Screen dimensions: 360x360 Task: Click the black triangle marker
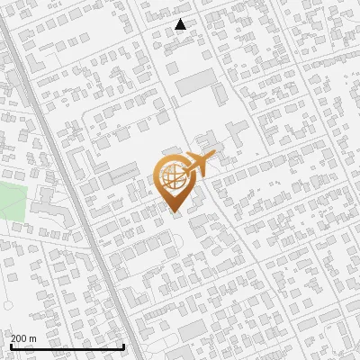[x=181, y=24]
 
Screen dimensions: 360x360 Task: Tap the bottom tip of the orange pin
[x=173, y=212]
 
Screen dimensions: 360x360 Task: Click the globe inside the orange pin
[x=172, y=178]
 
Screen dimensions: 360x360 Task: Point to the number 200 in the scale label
[x=20, y=338]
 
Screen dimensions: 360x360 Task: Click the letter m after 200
[x=33, y=338]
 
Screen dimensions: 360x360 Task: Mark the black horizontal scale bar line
[x=67, y=346]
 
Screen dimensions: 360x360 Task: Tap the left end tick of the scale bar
[x=11, y=345]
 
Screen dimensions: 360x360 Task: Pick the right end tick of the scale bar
[x=122, y=345]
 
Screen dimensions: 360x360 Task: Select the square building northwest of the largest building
[x=172, y=67]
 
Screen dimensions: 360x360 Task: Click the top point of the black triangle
[x=181, y=19]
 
